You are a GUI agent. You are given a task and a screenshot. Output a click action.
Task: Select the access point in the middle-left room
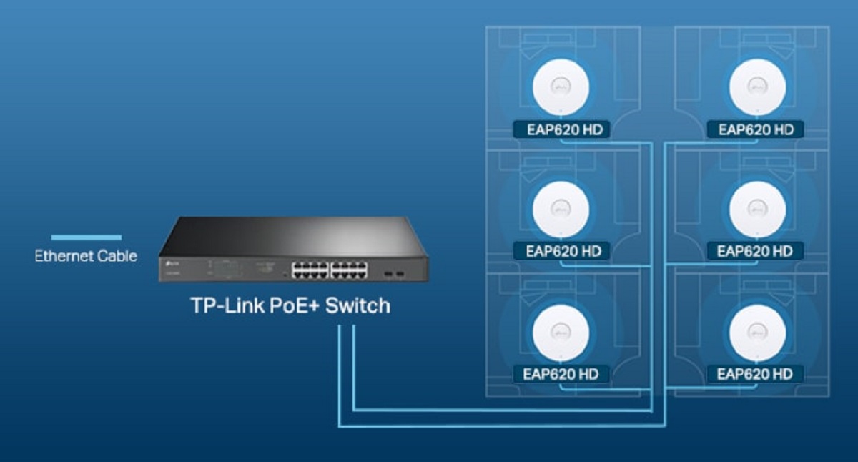[x=561, y=207]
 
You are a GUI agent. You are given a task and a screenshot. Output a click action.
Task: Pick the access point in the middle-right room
[x=757, y=207]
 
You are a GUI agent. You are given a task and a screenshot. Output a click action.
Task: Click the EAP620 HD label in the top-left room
[x=561, y=129]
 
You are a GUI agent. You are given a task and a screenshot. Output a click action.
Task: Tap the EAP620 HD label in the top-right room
[x=755, y=129]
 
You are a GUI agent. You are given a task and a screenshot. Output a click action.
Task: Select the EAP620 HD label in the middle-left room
[x=561, y=251]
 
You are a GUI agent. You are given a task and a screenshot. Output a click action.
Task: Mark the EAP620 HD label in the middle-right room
[x=755, y=251]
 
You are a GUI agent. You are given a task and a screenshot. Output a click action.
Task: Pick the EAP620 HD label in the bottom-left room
[x=561, y=374]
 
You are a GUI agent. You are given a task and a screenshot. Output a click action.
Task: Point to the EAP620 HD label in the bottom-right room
[x=755, y=374]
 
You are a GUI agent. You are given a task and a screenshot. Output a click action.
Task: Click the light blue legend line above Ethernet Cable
[x=86, y=237]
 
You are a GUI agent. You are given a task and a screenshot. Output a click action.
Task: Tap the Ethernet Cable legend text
[x=86, y=255]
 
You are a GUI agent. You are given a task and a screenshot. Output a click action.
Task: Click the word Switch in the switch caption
[x=357, y=306]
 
